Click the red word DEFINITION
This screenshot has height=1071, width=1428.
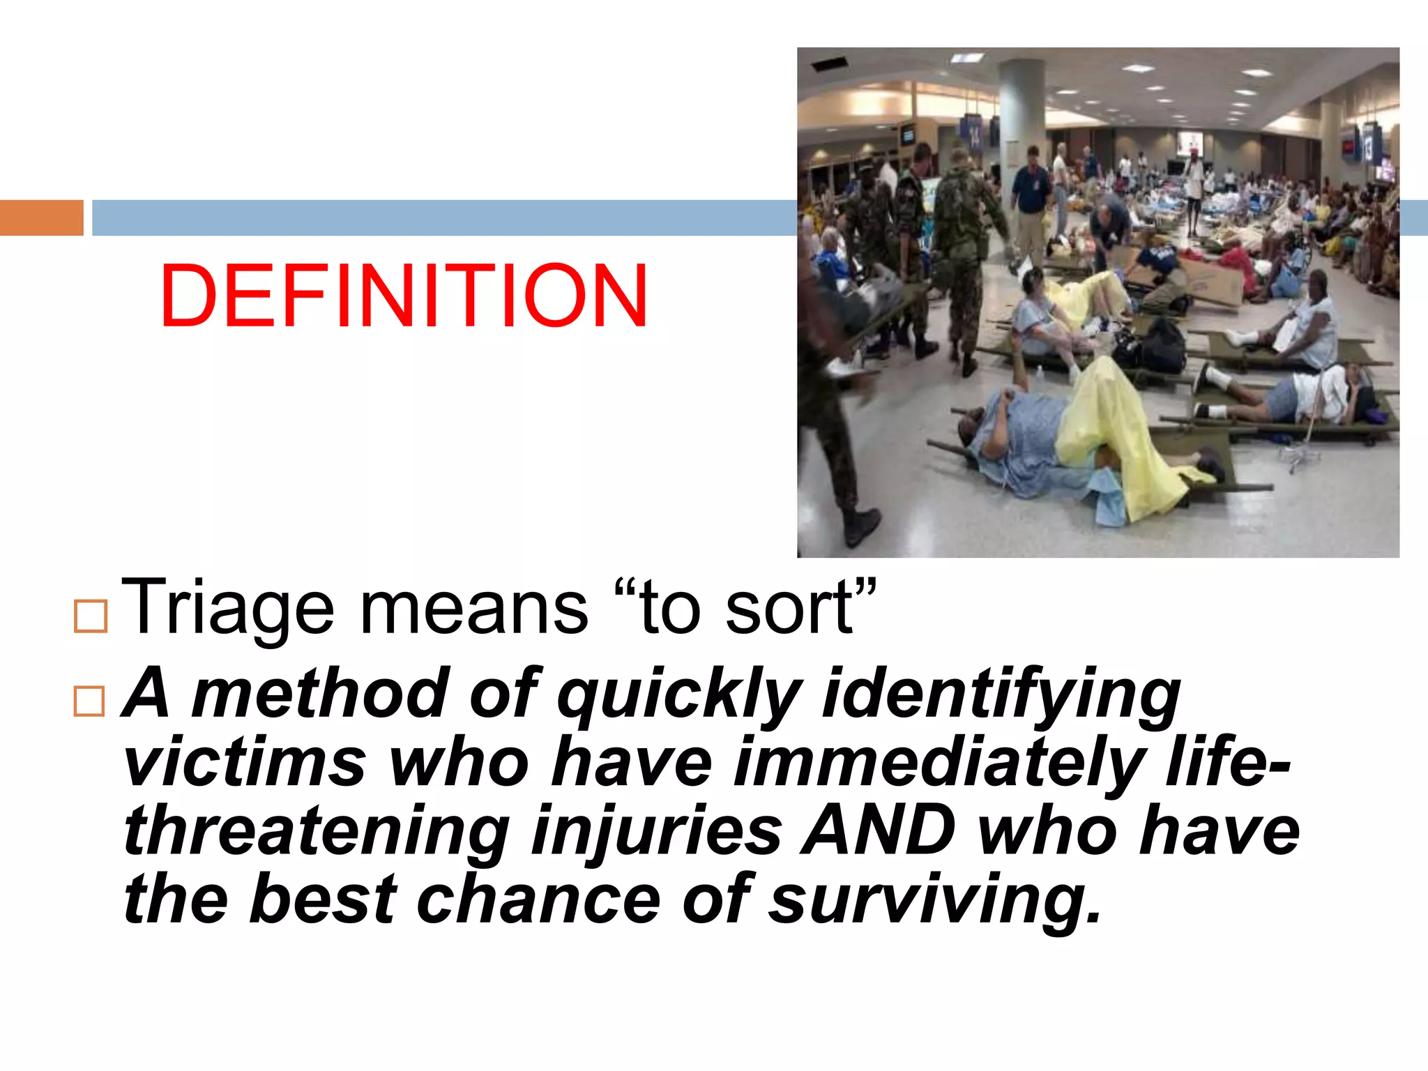point(404,296)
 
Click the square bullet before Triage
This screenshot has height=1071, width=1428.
point(91,616)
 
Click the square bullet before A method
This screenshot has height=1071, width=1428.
point(89,701)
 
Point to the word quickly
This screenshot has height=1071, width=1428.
point(680,694)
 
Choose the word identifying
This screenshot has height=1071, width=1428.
point(1001,694)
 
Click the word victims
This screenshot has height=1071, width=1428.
point(244,762)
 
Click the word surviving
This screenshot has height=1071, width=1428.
point(934,899)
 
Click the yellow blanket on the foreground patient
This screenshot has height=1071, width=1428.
point(1116,432)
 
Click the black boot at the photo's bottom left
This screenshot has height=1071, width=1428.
point(862,526)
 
